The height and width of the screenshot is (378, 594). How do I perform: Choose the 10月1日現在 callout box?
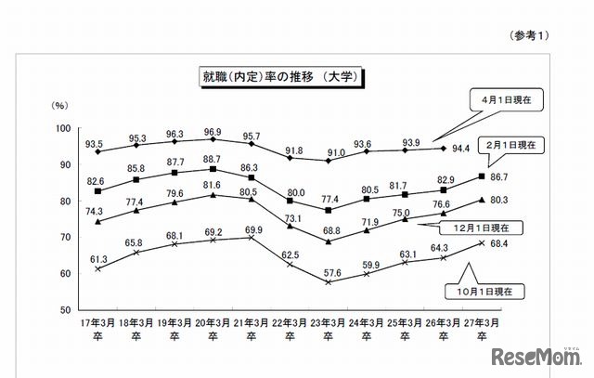tap(510, 291)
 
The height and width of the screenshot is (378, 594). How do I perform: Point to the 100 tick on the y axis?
tap(64, 128)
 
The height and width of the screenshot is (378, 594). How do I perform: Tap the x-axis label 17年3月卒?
tap(97, 330)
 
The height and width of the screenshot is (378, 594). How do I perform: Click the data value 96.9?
tap(213, 132)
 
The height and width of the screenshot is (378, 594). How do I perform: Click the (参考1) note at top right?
tap(530, 34)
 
